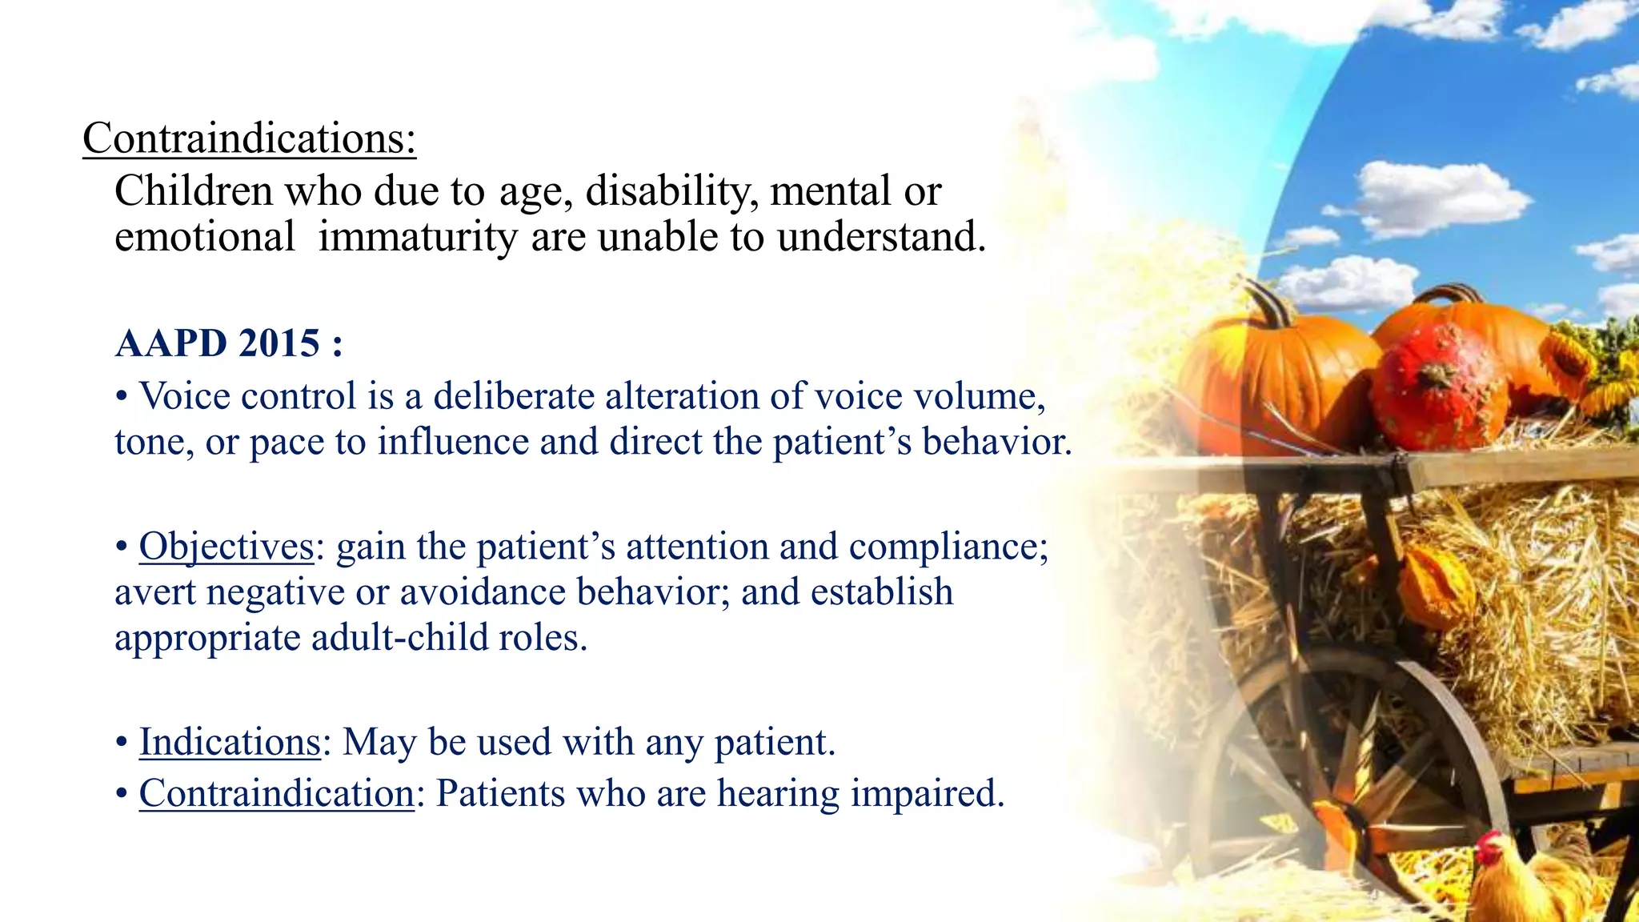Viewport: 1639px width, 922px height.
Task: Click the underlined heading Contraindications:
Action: point(249,138)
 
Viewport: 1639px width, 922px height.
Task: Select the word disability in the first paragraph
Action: point(671,191)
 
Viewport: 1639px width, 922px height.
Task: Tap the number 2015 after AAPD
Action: point(279,343)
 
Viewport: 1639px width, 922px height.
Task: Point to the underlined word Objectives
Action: point(226,547)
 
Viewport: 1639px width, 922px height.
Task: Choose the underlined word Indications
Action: point(230,742)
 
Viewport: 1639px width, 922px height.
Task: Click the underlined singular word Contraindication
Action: point(276,794)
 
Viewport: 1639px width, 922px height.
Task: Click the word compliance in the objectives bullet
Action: point(948,547)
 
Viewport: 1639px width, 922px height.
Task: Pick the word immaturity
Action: point(418,238)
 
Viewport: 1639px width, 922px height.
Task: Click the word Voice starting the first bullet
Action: point(190,396)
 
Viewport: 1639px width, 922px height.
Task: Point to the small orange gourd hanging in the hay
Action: point(1435,588)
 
